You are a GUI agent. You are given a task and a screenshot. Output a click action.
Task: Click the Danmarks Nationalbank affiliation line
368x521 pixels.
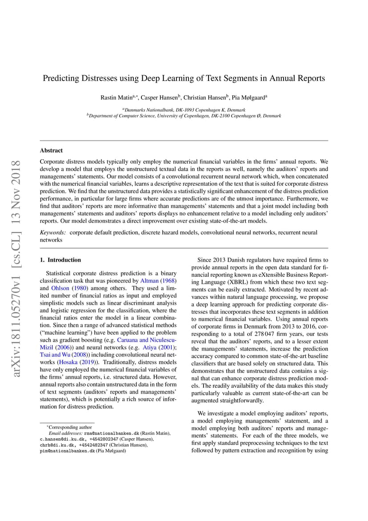184,109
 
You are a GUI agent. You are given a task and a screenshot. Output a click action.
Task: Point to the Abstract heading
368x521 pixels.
51,150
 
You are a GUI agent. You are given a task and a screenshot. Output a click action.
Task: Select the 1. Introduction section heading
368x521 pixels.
60,260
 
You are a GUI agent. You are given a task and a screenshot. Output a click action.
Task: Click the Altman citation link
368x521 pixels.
149,281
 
